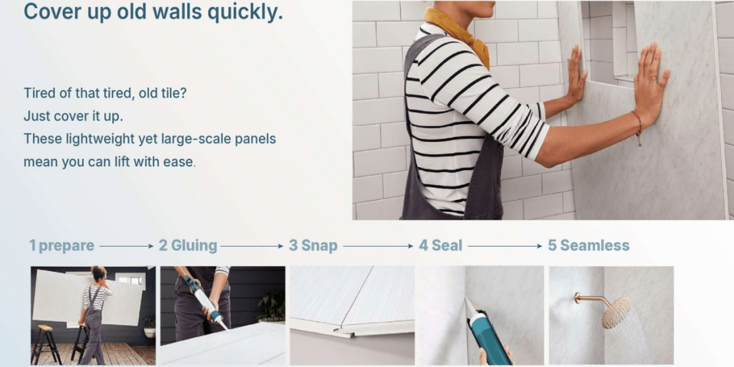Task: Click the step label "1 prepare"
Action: [62, 246]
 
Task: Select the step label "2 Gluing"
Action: [188, 246]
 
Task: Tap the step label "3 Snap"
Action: [313, 246]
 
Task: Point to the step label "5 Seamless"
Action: [588, 246]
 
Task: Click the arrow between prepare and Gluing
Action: [126, 246]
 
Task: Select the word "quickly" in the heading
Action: [239, 12]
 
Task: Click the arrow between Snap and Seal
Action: [377, 246]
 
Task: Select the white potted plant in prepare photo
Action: [149, 328]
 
